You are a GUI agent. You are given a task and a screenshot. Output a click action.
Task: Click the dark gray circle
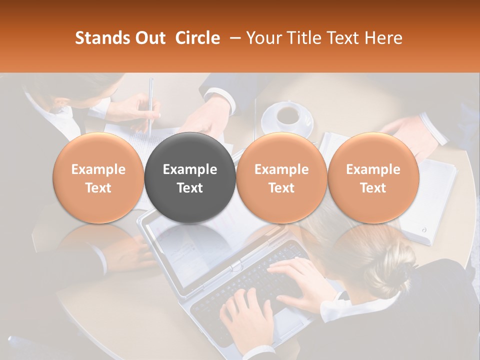click(x=190, y=177)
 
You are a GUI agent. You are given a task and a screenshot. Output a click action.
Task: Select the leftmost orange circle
click(x=98, y=177)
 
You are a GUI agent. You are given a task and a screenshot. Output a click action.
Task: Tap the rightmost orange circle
click(x=373, y=177)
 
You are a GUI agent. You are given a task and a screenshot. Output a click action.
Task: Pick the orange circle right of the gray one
click(x=281, y=177)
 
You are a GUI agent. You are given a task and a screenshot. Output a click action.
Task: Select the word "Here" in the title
click(x=382, y=38)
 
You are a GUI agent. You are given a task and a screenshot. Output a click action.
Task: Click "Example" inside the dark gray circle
click(x=190, y=169)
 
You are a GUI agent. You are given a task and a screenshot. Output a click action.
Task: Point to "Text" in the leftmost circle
click(x=98, y=188)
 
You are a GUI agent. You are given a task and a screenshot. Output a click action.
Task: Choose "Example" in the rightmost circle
click(x=373, y=169)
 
